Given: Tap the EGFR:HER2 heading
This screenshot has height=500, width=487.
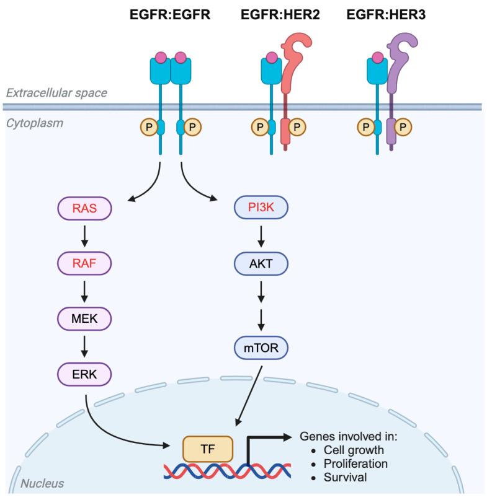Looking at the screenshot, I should [281, 13].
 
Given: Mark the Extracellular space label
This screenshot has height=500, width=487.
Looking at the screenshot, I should [57, 93].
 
